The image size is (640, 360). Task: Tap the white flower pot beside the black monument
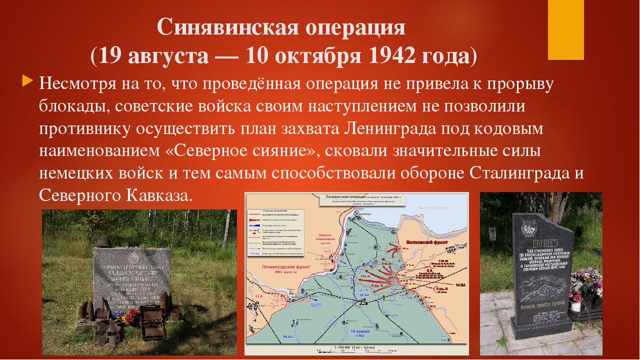point(575,306)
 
